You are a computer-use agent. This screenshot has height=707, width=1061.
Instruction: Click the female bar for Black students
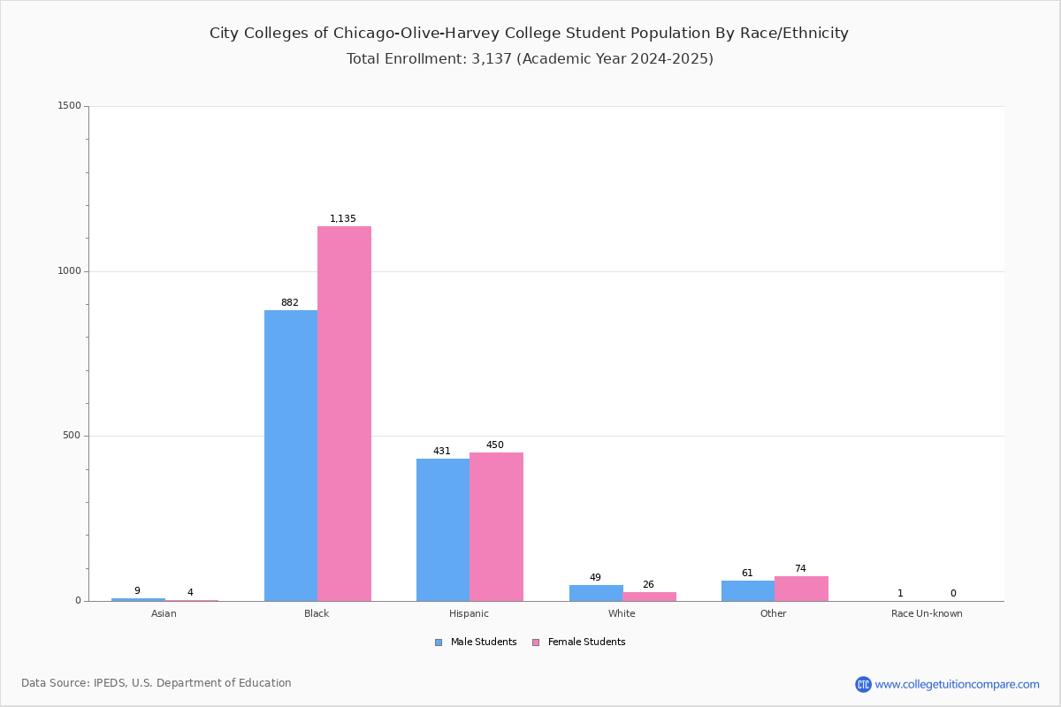(344, 414)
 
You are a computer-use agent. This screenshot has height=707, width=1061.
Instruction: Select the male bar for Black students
(291, 455)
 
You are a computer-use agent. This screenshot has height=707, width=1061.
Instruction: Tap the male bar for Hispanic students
(443, 530)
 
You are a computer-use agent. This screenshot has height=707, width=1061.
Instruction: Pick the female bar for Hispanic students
(496, 527)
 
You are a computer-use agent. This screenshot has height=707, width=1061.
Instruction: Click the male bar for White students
(596, 593)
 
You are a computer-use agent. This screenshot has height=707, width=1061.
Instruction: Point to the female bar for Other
(801, 589)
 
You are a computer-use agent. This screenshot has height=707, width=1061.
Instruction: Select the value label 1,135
(342, 218)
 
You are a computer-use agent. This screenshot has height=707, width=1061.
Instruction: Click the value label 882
(290, 302)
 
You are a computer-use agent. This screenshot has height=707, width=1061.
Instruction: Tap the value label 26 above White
(648, 584)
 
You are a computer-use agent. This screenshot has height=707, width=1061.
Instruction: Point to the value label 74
(800, 568)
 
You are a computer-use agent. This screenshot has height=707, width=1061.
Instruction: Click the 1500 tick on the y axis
(70, 105)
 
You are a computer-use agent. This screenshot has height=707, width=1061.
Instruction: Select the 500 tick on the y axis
(72, 435)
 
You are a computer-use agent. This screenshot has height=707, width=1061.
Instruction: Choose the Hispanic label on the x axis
(469, 613)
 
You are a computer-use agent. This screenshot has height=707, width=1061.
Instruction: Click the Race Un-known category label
(927, 613)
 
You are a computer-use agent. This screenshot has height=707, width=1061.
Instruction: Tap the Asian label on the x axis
(164, 613)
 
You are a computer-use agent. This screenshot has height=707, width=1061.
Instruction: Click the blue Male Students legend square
(439, 642)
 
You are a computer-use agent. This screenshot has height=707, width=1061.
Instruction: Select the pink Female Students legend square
(536, 642)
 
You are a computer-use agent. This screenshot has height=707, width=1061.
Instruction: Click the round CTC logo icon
(863, 684)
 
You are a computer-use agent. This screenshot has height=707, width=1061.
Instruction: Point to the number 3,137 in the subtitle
(492, 58)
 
